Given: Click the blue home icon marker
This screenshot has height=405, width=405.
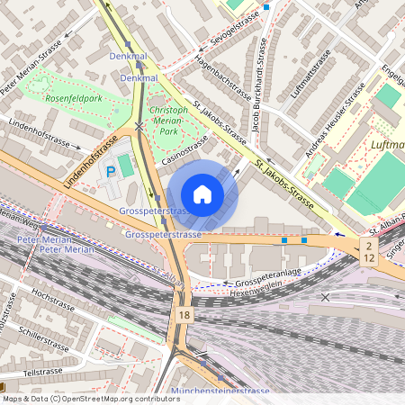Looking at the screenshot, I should pos(202,194).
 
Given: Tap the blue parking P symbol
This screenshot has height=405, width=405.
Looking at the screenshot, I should pos(112,171).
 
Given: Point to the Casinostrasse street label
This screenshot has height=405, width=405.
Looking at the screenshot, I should pos(184,148).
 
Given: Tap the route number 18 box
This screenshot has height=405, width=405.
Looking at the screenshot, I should pos(184,315).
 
